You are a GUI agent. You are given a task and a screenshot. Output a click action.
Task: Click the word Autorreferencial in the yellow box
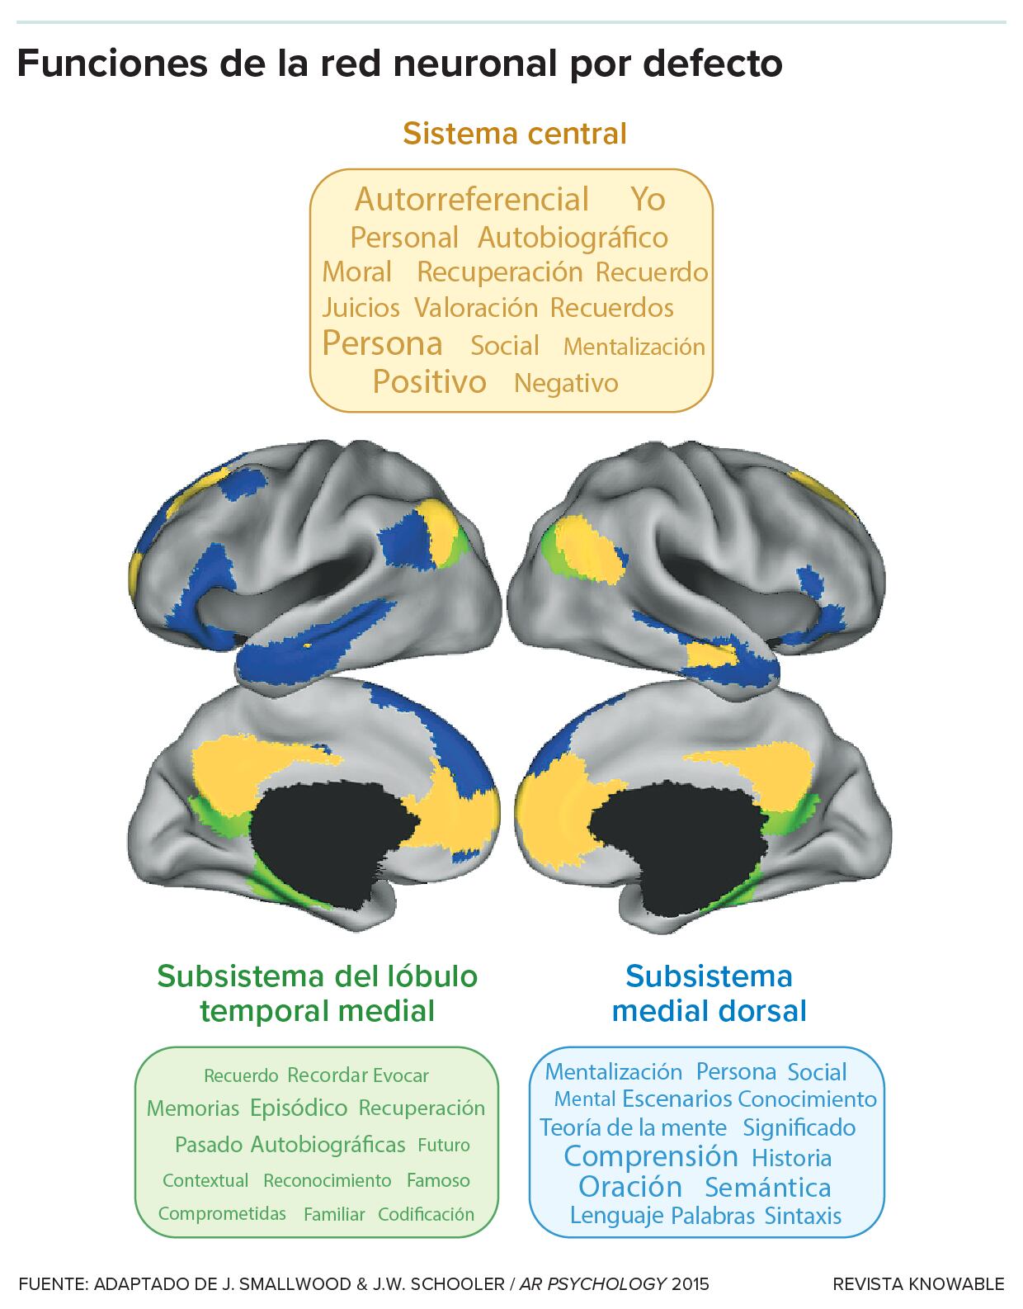[472, 200]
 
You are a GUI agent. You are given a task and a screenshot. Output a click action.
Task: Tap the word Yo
[648, 200]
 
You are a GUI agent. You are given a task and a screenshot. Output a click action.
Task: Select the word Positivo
[429, 381]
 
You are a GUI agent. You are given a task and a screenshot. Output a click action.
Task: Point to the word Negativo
[566, 383]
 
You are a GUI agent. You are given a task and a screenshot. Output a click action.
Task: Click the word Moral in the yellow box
[356, 272]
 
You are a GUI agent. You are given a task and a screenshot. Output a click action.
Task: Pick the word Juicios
[361, 308]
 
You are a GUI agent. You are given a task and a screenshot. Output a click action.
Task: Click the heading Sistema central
[515, 133]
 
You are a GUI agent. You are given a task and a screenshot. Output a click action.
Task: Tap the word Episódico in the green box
[299, 1108]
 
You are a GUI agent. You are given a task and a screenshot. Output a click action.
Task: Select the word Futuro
[444, 1145]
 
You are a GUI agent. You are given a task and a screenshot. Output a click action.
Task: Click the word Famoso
[438, 1180]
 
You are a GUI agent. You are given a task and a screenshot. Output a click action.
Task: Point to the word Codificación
[426, 1214]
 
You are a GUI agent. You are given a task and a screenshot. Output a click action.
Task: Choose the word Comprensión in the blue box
[651, 1156]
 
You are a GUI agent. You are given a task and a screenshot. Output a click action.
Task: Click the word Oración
[630, 1187]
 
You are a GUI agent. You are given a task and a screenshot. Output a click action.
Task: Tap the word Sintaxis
[803, 1216]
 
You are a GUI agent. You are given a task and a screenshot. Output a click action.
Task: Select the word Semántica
[767, 1188]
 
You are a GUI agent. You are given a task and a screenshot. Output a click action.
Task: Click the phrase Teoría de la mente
[633, 1127]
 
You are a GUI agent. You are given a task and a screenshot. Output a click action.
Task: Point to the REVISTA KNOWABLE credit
[918, 1284]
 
